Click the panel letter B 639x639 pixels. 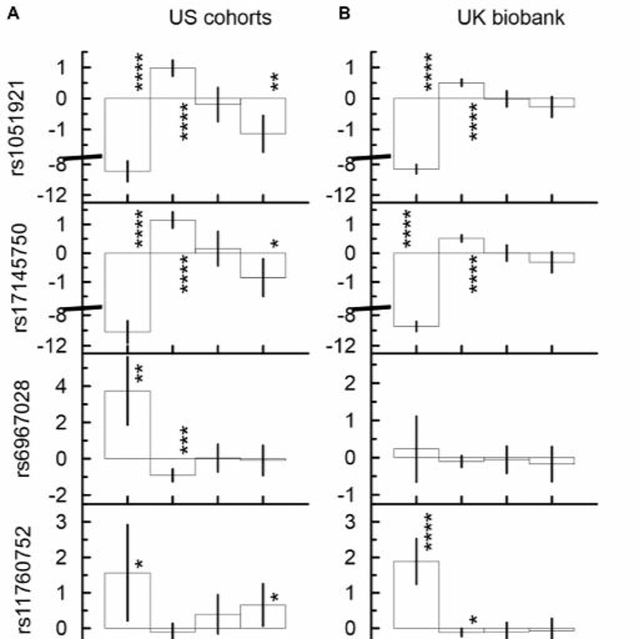point(344,14)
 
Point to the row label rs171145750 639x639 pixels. point(19,278)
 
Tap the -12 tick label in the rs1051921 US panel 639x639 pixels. point(53,196)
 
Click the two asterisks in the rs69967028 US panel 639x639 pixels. point(139,374)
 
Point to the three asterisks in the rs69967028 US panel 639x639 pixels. point(184,440)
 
